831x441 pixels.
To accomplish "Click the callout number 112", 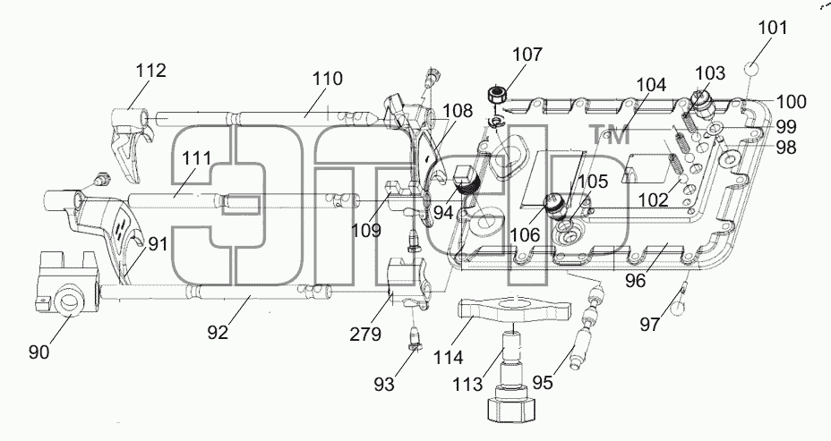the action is click(151, 71).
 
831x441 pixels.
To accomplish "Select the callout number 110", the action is click(328, 79).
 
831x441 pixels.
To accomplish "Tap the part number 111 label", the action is click(197, 157).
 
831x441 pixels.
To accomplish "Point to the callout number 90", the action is click(39, 352).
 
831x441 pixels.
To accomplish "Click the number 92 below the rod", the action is click(218, 332).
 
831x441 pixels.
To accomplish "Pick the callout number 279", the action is click(365, 334).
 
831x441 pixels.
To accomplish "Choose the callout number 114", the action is click(449, 358).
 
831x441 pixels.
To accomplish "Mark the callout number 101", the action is click(773, 28).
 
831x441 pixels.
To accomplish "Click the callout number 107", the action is click(527, 54).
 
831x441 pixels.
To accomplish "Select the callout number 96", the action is click(635, 281).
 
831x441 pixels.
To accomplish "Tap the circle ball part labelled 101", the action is click(751, 70).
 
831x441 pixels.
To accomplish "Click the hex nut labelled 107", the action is click(496, 96).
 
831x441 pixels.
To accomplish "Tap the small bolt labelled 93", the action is click(415, 339).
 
